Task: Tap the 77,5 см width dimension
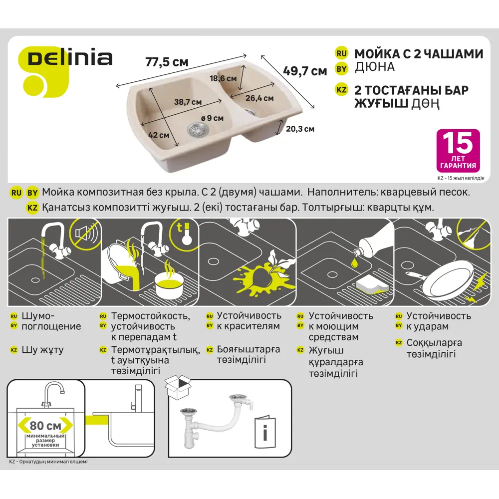(167, 62)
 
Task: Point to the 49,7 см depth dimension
(305, 70)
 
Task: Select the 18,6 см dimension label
(223, 78)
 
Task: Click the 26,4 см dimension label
(259, 98)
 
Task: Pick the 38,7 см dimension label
(188, 102)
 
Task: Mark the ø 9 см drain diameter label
(212, 118)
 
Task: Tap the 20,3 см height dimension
(300, 129)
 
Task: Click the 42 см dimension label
(159, 135)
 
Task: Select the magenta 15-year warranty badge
(458, 151)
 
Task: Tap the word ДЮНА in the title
(374, 67)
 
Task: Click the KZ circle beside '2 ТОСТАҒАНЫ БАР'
(341, 90)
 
